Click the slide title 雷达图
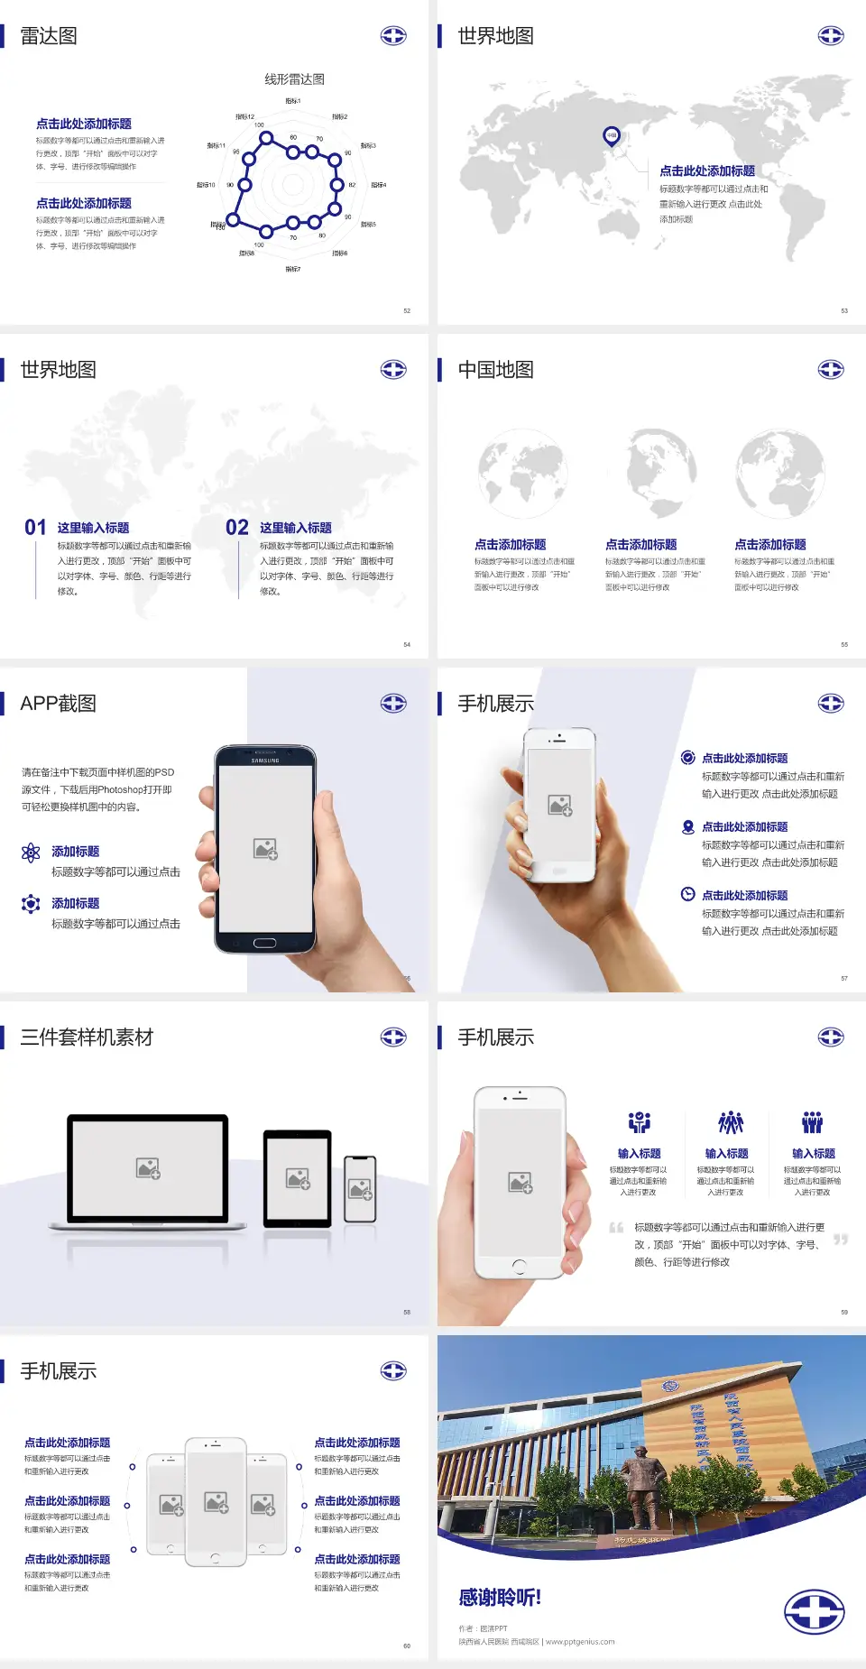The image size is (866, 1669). pyautogui.click(x=49, y=36)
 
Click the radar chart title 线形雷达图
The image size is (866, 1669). pyautogui.click(x=294, y=79)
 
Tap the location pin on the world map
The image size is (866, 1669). pyautogui.click(x=612, y=136)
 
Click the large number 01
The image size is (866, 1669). pyautogui.click(x=35, y=528)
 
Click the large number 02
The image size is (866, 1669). pyautogui.click(x=237, y=528)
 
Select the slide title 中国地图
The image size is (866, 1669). pyautogui.click(x=495, y=370)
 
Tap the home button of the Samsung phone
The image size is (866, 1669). pyautogui.click(x=264, y=943)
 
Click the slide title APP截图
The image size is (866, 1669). pyautogui.click(x=58, y=704)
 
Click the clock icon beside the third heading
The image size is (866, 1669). pyautogui.click(x=687, y=894)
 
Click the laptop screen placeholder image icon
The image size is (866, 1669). pyautogui.click(x=148, y=1168)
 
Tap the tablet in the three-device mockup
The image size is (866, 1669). pyautogui.click(x=298, y=1177)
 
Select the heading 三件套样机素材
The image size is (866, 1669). pyautogui.click(x=87, y=1037)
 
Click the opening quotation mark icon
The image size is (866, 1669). pyautogui.click(x=616, y=1228)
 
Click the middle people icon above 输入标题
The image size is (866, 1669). pyautogui.click(x=730, y=1122)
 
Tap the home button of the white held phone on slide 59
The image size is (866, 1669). pyautogui.click(x=519, y=1267)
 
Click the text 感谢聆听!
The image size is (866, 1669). pyautogui.click(x=500, y=1598)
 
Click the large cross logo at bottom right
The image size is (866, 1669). pyautogui.click(x=814, y=1612)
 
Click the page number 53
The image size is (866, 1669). pyautogui.click(x=844, y=310)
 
